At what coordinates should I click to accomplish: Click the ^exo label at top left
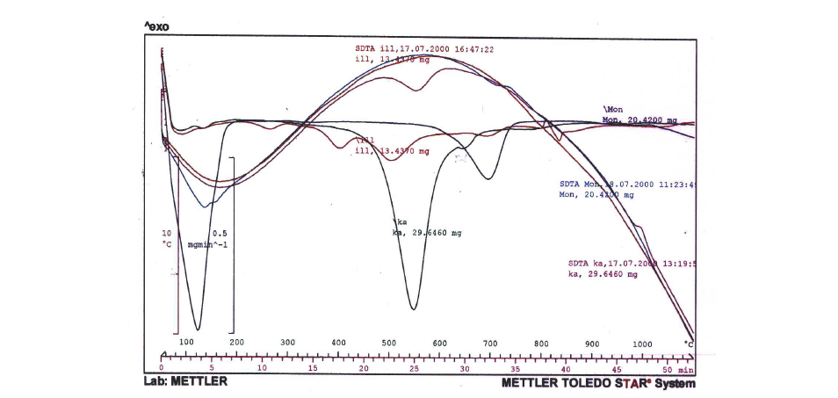156,27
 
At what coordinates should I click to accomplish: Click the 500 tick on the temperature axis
389,343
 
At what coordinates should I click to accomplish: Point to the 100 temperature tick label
186,343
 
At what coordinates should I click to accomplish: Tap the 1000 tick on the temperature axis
642,344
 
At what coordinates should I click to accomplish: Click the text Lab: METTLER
185,381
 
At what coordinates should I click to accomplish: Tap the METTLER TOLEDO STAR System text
597,383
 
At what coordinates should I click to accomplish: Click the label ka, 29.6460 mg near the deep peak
426,233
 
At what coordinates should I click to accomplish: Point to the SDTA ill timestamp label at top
424,49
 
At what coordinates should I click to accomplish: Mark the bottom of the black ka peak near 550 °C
413,308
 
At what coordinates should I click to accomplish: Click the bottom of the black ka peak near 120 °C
197,329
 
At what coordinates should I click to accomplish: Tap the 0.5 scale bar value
220,233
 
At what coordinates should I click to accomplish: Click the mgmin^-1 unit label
207,245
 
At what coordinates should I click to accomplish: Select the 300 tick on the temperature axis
287,343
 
